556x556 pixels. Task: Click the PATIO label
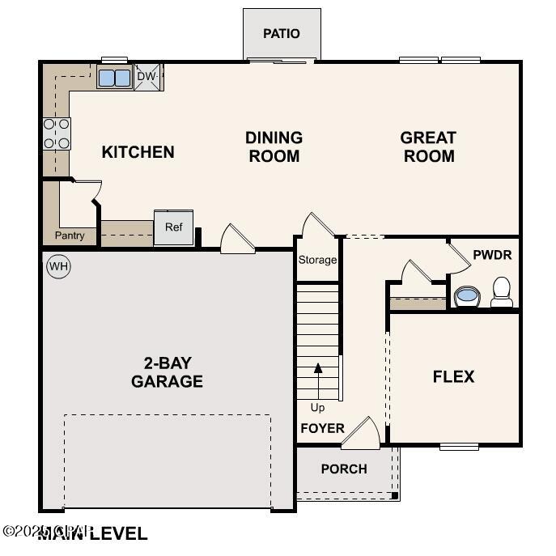pyautogui.click(x=282, y=34)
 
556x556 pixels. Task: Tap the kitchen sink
pyautogui.click(x=114, y=78)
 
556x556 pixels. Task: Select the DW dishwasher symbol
pyautogui.click(x=146, y=77)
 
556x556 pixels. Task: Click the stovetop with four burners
pyautogui.click(x=57, y=134)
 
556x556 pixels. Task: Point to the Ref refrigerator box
pyautogui.click(x=174, y=228)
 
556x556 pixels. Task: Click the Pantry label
pyautogui.click(x=70, y=236)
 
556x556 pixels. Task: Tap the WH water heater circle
pyautogui.click(x=58, y=266)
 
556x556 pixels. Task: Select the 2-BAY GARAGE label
pyautogui.click(x=167, y=371)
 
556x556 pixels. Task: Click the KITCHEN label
pyautogui.click(x=138, y=152)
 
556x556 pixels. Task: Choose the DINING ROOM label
pyautogui.click(x=274, y=146)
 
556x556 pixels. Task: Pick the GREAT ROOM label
pyautogui.click(x=428, y=146)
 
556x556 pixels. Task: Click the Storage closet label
pyautogui.click(x=317, y=261)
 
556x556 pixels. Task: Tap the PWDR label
pyautogui.click(x=492, y=255)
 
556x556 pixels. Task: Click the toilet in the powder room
pyautogui.click(x=502, y=292)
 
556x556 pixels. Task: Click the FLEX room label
pyautogui.click(x=453, y=376)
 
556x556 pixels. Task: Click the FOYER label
pyautogui.click(x=322, y=428)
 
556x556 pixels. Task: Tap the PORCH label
pyautogui.click(x=344, y=469)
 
